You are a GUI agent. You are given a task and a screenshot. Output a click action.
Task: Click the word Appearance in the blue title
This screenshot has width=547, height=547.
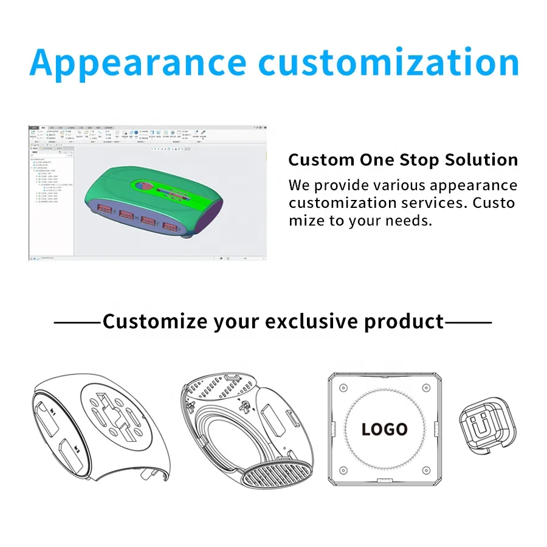[x=138, y=62]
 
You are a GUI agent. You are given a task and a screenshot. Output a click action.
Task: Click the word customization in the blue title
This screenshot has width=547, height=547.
[x=388, y=62]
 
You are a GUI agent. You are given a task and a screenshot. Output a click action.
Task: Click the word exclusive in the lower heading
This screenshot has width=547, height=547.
[x=315, y=321]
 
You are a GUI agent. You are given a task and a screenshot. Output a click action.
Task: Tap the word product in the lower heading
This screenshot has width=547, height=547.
[x=404, y=321]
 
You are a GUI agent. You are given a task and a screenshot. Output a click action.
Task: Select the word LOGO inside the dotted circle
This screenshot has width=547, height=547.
[x=384, y=429]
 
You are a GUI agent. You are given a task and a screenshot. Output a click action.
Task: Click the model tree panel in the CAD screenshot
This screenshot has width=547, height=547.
[x=51, y=201]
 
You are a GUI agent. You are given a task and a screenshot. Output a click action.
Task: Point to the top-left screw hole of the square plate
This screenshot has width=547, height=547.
[x=343, y=388]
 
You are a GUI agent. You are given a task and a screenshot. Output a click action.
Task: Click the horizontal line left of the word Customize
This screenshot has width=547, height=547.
[x=77, y=322]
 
